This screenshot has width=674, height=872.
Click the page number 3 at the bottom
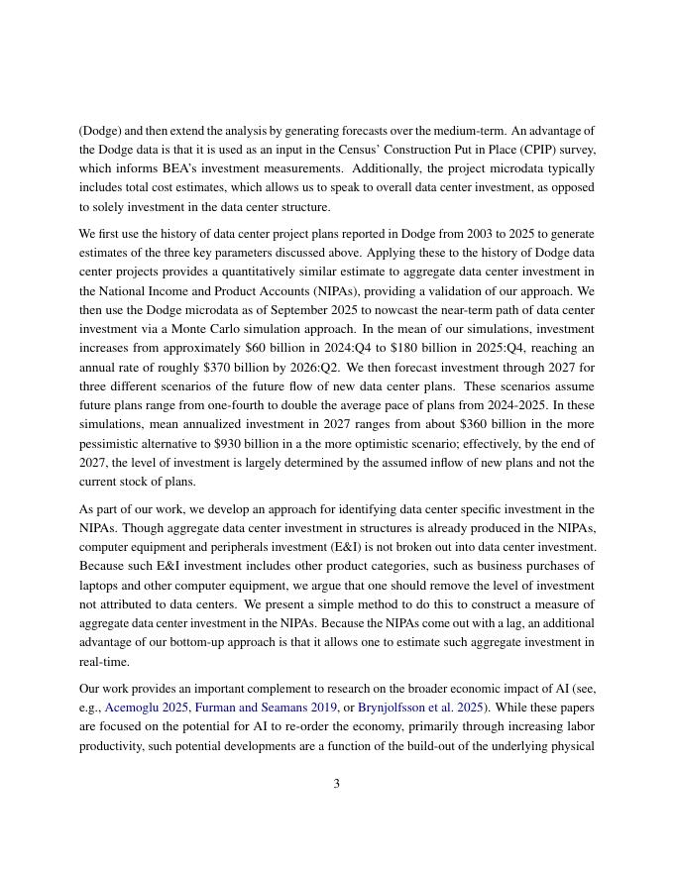click(337, 784)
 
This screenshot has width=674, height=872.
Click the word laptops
click(98, 585)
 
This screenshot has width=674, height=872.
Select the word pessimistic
click(113, 443)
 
